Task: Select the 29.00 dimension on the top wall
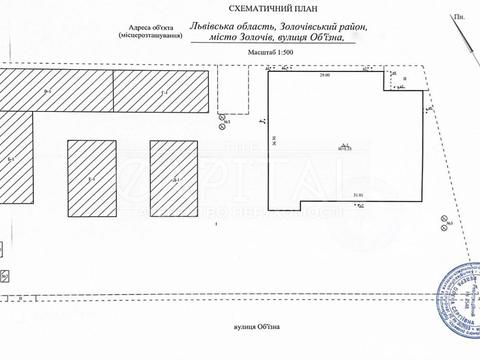tap(324, 75)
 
